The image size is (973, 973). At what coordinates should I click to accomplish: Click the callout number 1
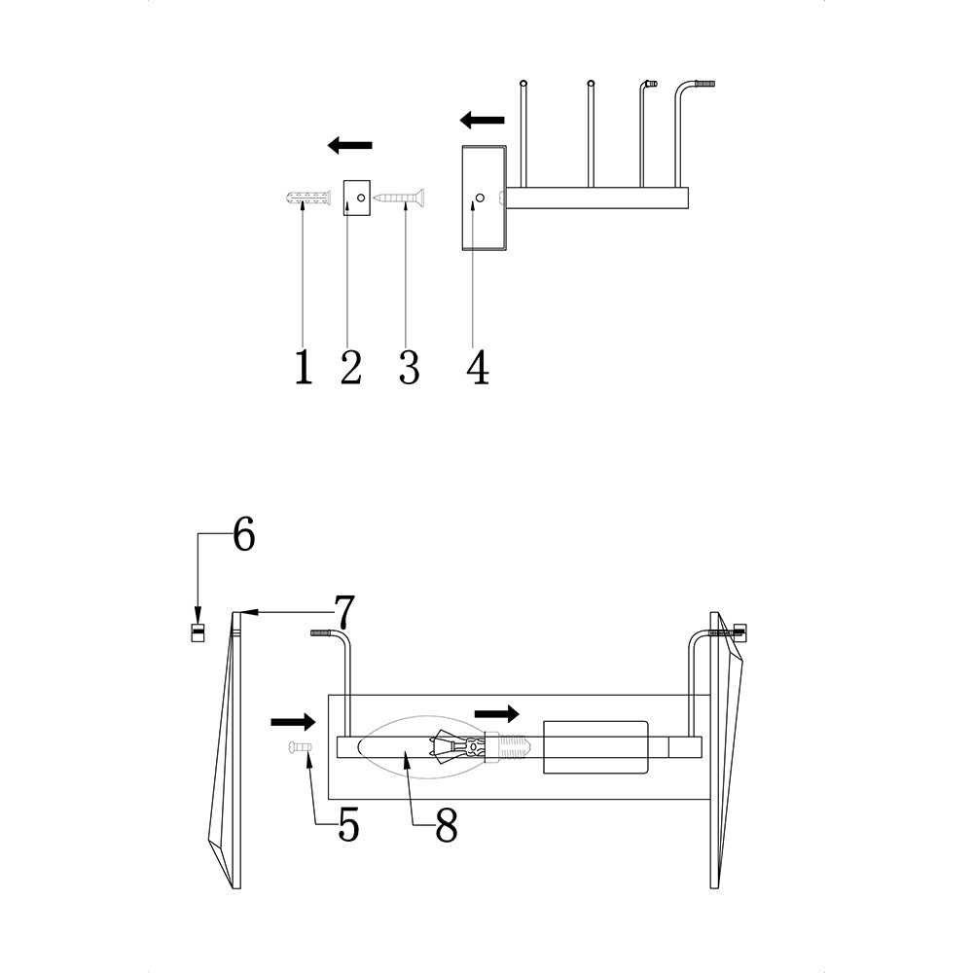(303, 367)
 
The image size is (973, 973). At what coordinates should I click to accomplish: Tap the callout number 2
(351, 367)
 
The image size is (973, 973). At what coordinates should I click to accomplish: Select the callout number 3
(409, 367)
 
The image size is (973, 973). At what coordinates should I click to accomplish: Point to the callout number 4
(478, 367)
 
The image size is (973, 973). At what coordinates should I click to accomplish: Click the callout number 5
(348, 824)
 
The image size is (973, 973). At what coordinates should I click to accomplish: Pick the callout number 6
(244, 533)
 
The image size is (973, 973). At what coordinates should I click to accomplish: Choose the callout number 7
(343, 612)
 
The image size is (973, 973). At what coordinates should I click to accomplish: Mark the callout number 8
(447, 824)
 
